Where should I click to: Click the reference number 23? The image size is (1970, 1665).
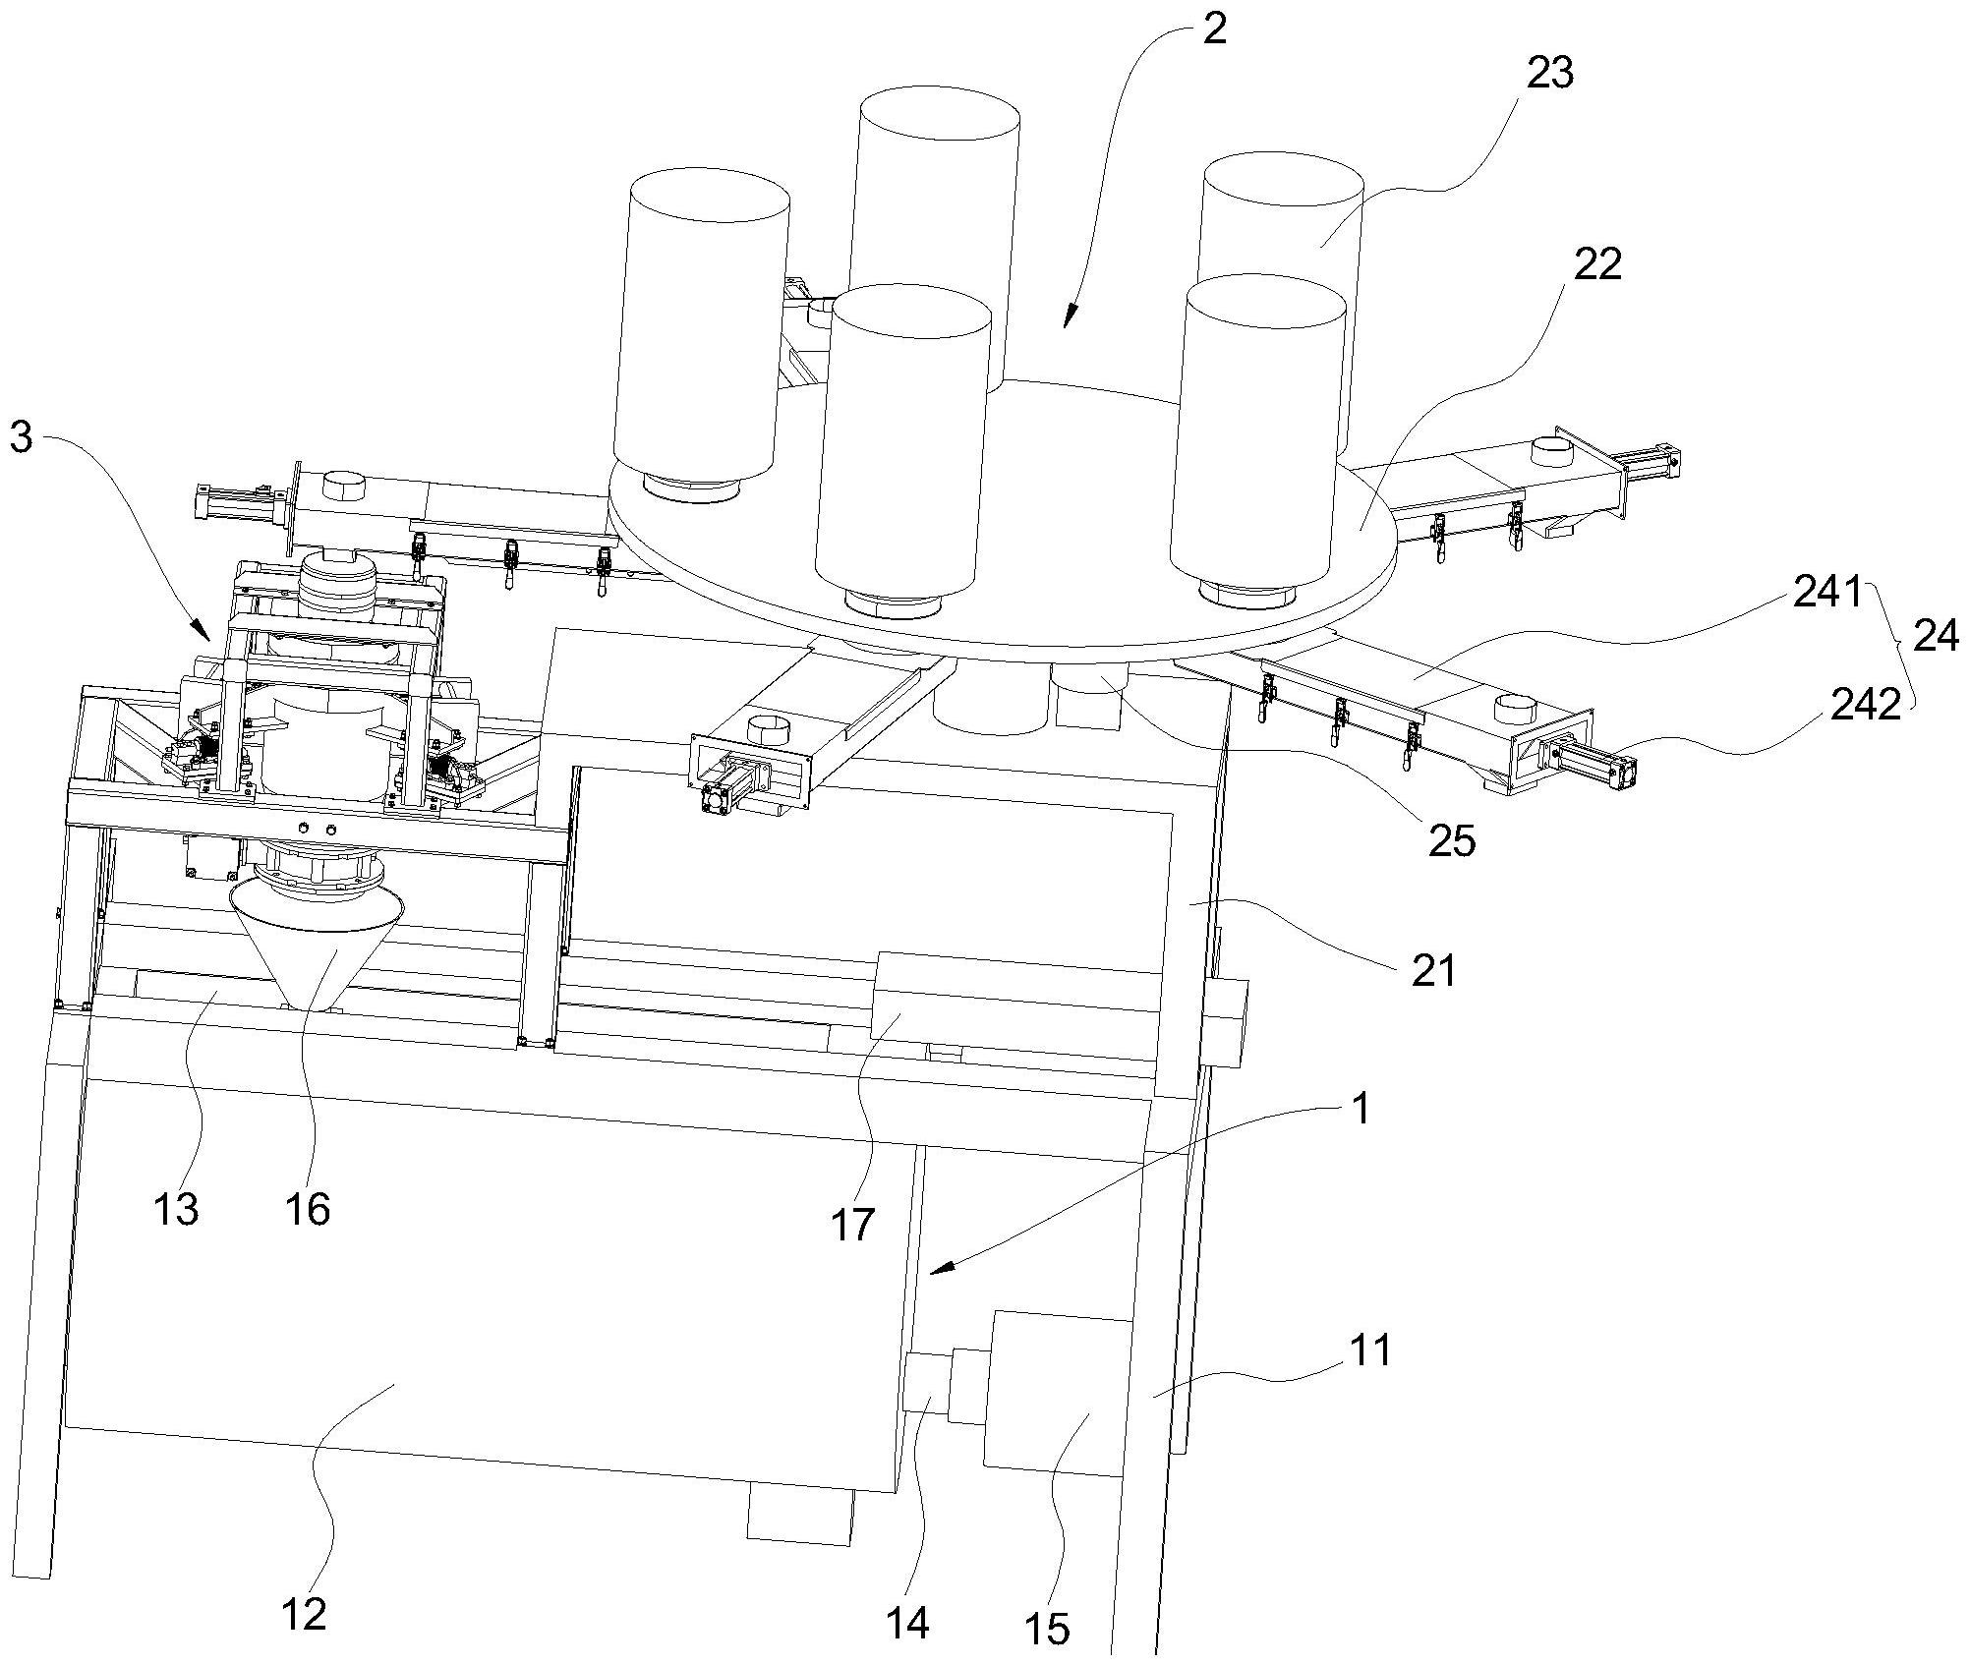(x=1549, y=74)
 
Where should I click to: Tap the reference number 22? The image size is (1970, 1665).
(x=1596, y=263)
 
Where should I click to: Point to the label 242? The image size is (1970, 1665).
(x=1864, y=704)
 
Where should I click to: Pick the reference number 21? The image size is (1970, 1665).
(x=1433, y=970)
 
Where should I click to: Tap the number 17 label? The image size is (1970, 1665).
(x=851, y=1224)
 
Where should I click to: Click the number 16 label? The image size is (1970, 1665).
(x=308, y=1209)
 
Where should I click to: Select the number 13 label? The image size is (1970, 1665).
(x=176, y=1209)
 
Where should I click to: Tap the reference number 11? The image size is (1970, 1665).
(x=1369, y=1349)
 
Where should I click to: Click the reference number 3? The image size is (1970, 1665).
(x=21, y=437)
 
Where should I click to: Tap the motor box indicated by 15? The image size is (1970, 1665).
(x=1057, y=1396)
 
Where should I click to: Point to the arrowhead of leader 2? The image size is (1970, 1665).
(x=1069, y=321)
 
